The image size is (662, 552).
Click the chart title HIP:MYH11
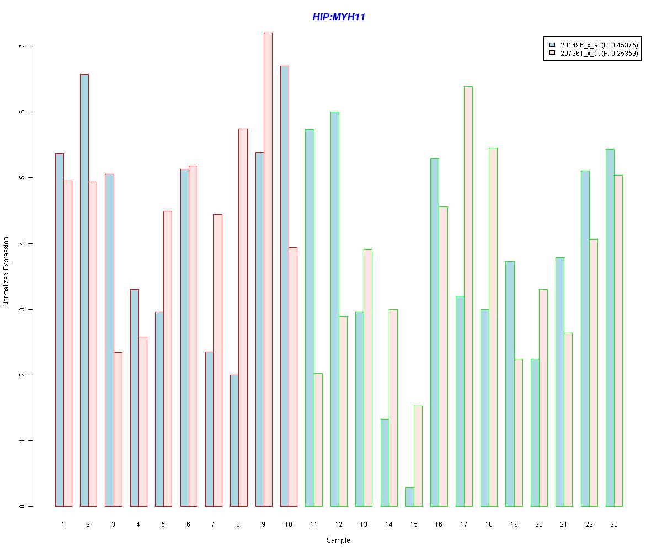(339, 17)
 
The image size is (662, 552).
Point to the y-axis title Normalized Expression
(6, 272)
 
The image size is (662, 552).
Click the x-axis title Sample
(338, 540)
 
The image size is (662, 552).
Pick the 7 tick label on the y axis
(22, 46)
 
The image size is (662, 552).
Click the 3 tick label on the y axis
(22, 309)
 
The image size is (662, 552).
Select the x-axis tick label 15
(414, 524)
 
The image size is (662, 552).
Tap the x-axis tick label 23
(614, 524)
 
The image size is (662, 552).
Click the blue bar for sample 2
(84, 290)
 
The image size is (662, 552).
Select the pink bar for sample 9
(268, 269)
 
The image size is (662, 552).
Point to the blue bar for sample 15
(410, 497)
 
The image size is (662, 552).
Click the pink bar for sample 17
(468, 296)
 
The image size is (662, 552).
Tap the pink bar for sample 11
(318, 440)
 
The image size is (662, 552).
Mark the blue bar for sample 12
(335, 309)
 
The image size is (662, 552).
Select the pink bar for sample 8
(243, 317)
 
